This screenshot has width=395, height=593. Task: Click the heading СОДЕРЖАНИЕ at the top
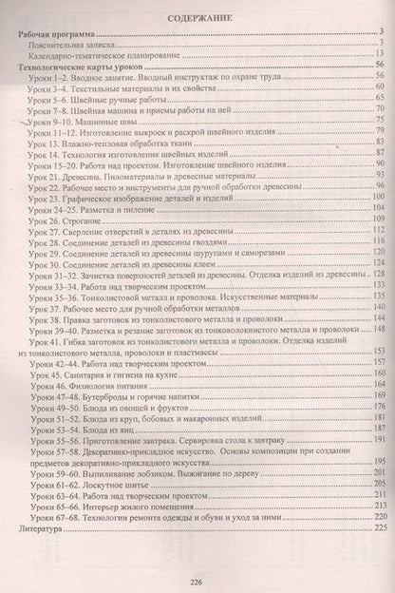click(197, 17)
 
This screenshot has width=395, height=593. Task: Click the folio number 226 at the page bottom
click(197, 583)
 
